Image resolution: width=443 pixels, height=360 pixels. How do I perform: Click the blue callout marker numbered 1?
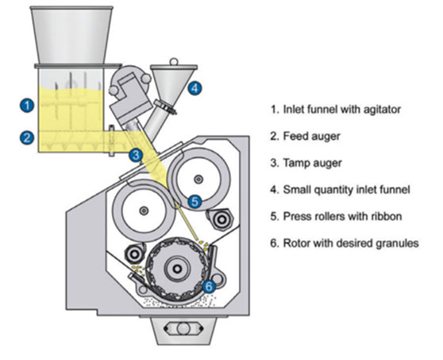pyautogui.click(x=27, y=106)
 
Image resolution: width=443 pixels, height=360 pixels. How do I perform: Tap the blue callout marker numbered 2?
pyautogui.click(x=27, y=137)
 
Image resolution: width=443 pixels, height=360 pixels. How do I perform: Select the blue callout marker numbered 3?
pyautogui.click(x=136, y=155)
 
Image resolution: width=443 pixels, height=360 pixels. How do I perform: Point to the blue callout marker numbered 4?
pyautogui.click(x=195, y=88)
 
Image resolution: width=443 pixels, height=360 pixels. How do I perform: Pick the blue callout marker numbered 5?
pyautogui.click(x=195, y=202)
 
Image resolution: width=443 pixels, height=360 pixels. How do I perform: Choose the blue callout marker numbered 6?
pyautogui.click(x=209, y=286)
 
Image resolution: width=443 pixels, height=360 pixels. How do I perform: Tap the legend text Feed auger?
pyautogui.click(x=311, y=137)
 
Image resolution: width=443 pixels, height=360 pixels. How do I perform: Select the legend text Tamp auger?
pyautogui.click(x=312, y=163)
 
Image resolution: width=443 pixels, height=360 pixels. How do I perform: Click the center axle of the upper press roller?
pyautogui.click(x=198, y=179)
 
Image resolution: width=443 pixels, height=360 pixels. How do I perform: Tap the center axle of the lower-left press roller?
pyautogui.click(x=144, y=211)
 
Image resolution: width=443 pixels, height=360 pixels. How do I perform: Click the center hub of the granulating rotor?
pyautogui.click(x=177, y=269)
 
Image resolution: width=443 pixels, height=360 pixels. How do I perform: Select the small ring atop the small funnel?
pyautogui.click(x=174, y=61)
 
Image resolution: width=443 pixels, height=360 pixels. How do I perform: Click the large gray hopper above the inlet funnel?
pyautogui.click(x=71, y=35)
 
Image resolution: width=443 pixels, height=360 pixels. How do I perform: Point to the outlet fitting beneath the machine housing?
pyautogui.click(x=183, y=330)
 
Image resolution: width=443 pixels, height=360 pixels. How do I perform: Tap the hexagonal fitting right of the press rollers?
pyautogui.click(x=221, y=219)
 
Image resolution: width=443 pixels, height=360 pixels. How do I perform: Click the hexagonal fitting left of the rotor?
pyautogui.click(x=134, y=254)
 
